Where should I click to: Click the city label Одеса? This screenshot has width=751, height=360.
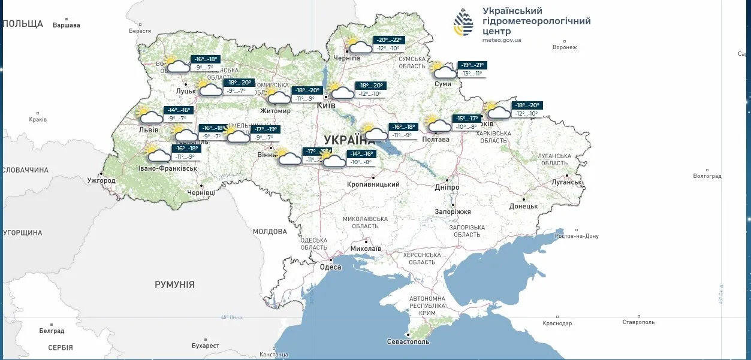click(x=330, y=267)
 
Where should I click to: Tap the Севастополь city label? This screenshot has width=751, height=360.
click(x=408, y=341)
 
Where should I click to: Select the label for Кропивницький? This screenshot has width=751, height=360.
click(x=373, y=184)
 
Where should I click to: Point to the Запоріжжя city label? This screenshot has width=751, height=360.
click(x=453, y=211)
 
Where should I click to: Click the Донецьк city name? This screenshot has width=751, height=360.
click(x=523, y=206)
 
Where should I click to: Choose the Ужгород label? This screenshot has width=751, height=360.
click(x=101, y=180)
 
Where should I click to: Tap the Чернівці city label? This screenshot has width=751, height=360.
click(x=201, y=192)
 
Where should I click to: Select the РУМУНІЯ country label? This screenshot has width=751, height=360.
click(x=174, y=285)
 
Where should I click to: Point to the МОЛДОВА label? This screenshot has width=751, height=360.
click(x=270, y=231)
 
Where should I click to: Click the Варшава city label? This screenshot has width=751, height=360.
click(x=66, y=25)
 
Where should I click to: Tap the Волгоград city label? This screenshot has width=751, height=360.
click(x=707, y=176)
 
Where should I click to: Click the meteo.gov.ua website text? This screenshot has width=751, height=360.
click(x=501, y=40)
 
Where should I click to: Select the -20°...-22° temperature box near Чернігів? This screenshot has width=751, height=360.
click(x=389, y=40)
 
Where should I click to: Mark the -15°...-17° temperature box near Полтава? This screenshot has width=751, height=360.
click(x=466, y=119)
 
